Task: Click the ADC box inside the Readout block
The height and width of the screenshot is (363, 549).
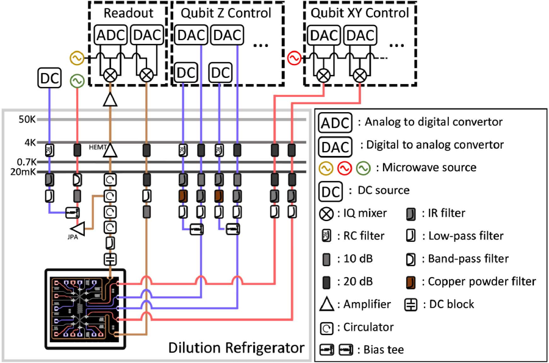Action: click(110, 35)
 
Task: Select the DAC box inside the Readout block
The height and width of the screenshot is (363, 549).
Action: click(146, 35)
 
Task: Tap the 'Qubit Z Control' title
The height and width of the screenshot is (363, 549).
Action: click(223, 13)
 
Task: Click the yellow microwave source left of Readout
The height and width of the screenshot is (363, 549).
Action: click(77, 58)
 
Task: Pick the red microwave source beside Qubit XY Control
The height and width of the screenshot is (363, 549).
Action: click(294, 58)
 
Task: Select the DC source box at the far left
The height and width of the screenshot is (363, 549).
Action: click(49, 77)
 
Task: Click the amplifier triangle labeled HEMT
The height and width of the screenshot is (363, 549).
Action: click(110, 149)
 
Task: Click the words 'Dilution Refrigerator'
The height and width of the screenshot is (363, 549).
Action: click(235, 348)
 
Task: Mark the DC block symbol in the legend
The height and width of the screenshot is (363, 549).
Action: click(412, 305)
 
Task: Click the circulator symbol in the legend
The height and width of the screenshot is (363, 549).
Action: click(326, 327)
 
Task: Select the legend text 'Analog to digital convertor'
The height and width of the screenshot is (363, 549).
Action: click(433, 122)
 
